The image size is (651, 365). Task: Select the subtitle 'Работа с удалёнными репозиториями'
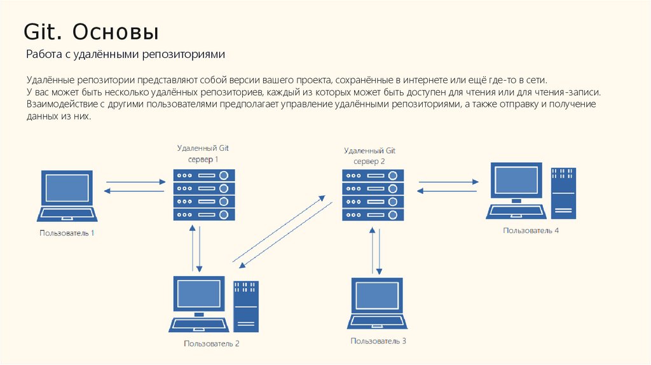(126, 55)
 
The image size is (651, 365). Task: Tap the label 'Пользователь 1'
(67, 233)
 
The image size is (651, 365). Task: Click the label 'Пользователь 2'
(212, 344)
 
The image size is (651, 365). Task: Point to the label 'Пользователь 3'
(378, 341)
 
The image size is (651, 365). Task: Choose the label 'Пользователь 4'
(531, 230)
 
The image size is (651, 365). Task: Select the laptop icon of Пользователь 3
(378, 303)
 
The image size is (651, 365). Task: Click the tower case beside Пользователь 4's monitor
(563, 193)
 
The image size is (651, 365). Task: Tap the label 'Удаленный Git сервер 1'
(203, 153)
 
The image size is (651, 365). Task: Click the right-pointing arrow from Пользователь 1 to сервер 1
(135, 182)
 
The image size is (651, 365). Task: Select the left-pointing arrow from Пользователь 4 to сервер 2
(448, 189)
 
